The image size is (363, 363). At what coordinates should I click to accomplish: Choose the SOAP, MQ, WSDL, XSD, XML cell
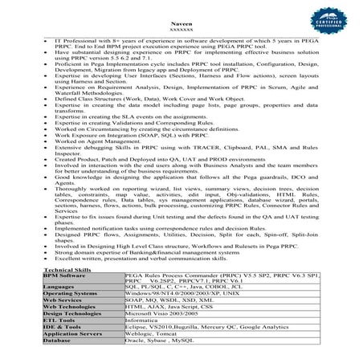(x=167, y=300)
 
